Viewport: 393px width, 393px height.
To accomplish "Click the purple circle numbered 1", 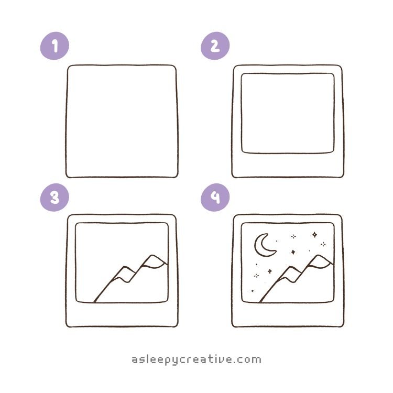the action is point(54,46).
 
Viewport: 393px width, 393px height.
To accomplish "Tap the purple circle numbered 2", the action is point(215,46).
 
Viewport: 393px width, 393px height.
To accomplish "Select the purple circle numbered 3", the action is point(54,197).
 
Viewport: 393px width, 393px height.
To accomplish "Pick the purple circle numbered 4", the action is point(215,197).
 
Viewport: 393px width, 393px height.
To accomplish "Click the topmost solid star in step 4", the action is point(314,235).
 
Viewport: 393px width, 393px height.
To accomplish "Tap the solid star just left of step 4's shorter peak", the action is point(270,271).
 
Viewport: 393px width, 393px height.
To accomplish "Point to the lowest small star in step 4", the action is point(253,291).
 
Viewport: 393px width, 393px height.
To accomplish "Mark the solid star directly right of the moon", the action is point(293,252).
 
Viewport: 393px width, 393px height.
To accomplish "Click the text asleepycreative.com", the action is point(196,360).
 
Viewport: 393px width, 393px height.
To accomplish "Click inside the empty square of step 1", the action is point(122,122).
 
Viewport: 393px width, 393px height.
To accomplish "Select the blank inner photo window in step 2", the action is point(288,113).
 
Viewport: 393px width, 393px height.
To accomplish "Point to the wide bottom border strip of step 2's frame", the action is point(288,165).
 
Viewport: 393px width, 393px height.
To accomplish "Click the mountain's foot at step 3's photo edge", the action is point(95,302).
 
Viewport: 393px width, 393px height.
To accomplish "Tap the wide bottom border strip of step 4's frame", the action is point(288,314).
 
